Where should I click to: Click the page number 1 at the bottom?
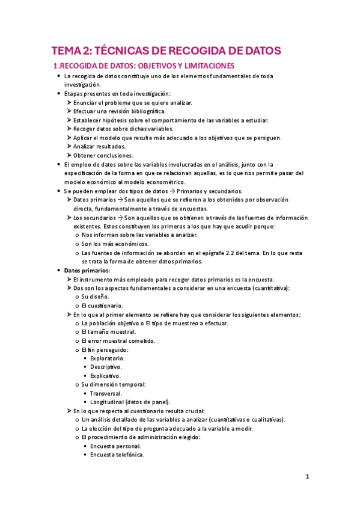click(307, 478)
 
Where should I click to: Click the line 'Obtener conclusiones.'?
click(103, 155)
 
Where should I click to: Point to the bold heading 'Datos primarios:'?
click(87, 271)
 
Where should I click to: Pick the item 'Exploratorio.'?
click(108, 358)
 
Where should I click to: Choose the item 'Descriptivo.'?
click(106, 367)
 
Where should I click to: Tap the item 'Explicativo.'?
click(106, 375)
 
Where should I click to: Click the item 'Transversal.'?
click(106, 393)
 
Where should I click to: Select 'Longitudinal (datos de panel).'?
click(130, 402)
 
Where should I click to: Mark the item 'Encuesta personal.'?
click(115, 446)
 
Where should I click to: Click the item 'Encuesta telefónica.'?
click(117, 455)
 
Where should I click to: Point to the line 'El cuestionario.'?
click(102, 306)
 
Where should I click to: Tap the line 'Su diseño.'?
click(96, 296)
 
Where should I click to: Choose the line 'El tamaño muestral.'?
click(109, 332)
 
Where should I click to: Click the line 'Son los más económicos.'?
click(115, 244)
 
